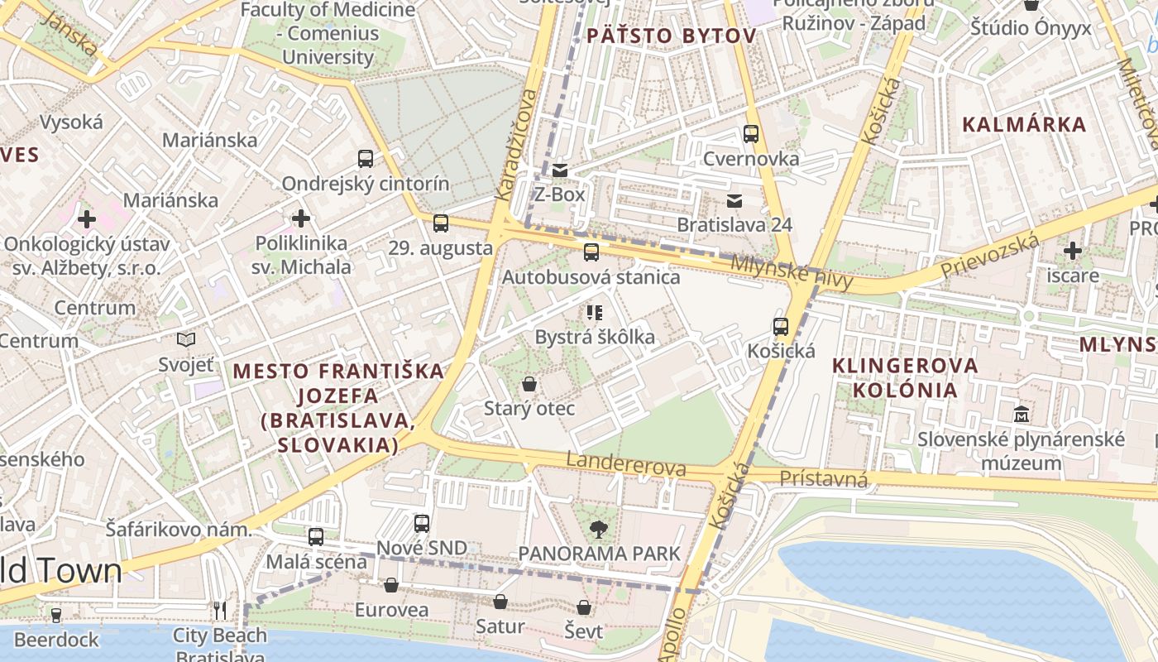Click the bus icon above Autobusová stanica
pyautogui.click(x=591, y=252)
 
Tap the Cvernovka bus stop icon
pyautogui.click(x=751, y=133)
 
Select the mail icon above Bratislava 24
pyautogui.click(x=734, y=200)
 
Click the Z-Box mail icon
pyautogui.click(x=560, y=170)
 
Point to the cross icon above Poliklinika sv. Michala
pyautogui.click(x=301, y=218)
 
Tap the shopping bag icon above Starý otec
pyautogui.click(x=529, y=384)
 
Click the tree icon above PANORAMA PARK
pyautogui.click(x=598, y=529)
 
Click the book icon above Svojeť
pyautogui.click(x=186, y=339)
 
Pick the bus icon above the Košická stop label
pyautogui.click(x=781, y=326)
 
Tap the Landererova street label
pyautogui.click(x=626, y=464)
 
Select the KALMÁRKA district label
pyautogui.click(x=1024, y=125)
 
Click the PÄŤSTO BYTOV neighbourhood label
pyautogui.click(x=671, y=36)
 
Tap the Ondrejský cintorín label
pyautogui.click(x=366, y=184)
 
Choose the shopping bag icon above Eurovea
pyautogui.click(x=391, y=586)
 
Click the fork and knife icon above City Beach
pyautogui.click(x=219, y=611)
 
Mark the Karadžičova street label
pyautogui.click(x=515, y=146)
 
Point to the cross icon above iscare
pyautogui.click(x=1073, y=250)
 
